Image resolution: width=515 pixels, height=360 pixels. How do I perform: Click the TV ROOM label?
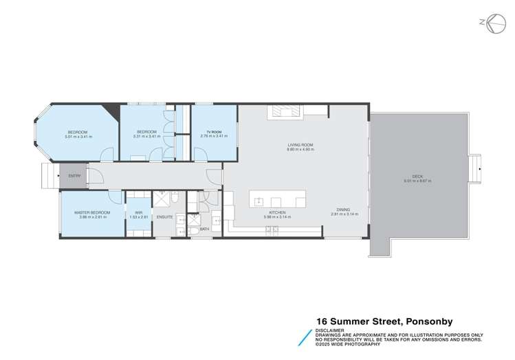click(214, 132)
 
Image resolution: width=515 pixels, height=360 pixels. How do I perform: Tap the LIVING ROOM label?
click(300, 144)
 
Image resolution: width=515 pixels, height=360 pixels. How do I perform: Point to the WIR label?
click(138, 213)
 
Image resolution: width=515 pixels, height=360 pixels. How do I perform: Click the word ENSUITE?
click(164, 217)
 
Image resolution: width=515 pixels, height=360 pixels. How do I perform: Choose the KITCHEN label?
click(277, 213)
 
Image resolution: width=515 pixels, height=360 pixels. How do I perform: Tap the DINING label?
click(343, 210)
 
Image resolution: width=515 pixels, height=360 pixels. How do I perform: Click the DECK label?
click(418, 177)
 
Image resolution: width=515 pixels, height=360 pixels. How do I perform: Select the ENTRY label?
click(75, 176)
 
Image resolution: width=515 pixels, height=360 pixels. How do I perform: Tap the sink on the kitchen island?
click(259, 202)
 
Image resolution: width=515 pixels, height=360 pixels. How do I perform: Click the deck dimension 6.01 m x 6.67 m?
click(418, 181)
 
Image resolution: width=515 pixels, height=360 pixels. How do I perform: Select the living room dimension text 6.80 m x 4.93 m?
click(300, 149)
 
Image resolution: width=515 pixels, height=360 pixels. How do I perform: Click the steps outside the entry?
click(50, 177)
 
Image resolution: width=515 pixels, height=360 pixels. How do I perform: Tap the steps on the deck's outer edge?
click(475, 166)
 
